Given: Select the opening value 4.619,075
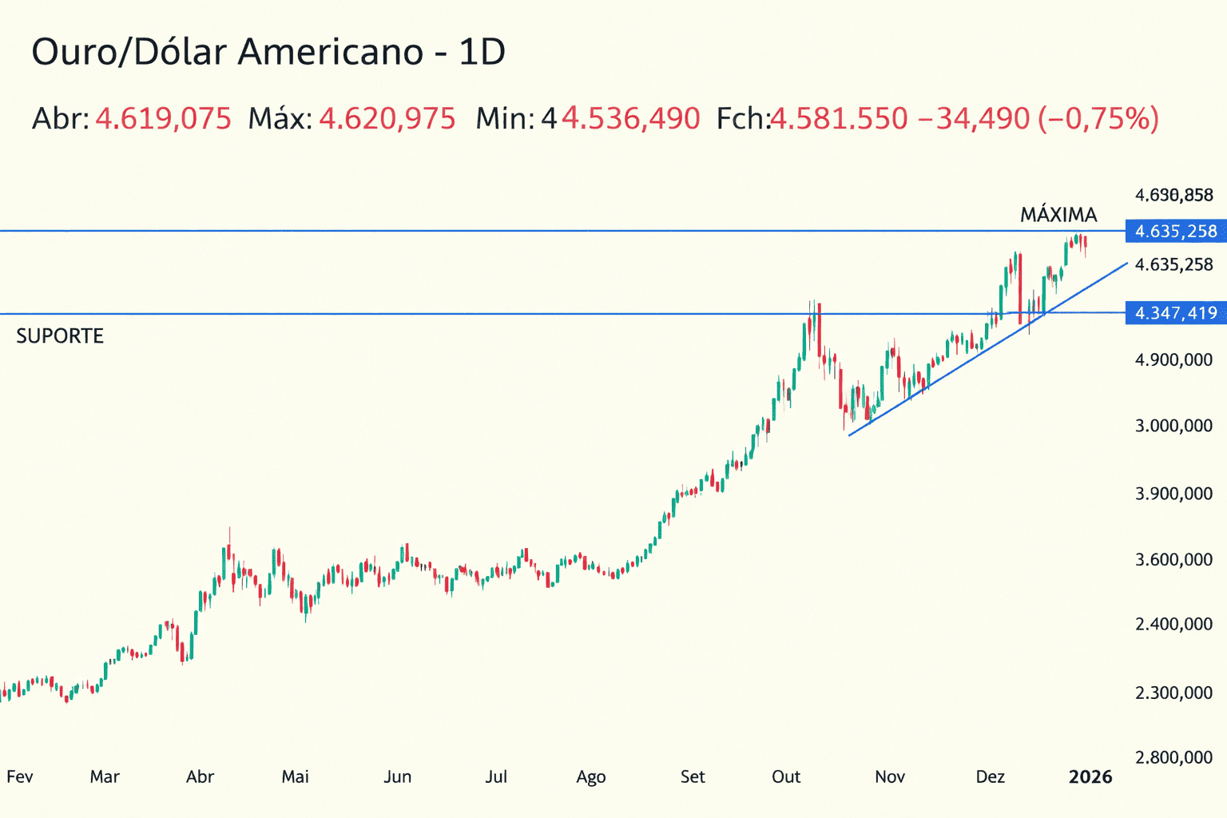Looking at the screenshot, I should coord(164,119).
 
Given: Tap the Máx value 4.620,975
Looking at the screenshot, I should coord(387,119).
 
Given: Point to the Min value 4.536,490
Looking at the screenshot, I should coord(631,119).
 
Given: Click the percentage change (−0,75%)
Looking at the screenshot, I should coord(1098,119).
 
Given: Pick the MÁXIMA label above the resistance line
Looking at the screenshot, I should coord(1058,215).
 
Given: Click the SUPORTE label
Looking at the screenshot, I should coord(60,336).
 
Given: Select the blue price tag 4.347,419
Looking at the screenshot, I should coord(1176,313).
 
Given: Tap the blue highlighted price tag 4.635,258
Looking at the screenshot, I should coord(1176,232).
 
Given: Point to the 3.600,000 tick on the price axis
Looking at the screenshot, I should coord(1173,560).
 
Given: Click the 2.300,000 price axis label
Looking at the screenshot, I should coord(1173,693).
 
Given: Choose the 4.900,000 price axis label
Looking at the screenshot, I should coord(1173,360).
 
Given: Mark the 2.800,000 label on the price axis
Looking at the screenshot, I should coord(1173,757).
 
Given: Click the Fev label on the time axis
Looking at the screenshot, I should coord(20,776).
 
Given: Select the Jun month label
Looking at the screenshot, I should coord(397,776).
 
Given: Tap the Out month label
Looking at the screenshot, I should coord(786,776).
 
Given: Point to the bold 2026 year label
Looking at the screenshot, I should coord(1090,776).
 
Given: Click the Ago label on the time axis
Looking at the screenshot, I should coord(591,776).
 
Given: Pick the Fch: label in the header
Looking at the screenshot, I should coord(742,119).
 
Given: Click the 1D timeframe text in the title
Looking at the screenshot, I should coord(482,53).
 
